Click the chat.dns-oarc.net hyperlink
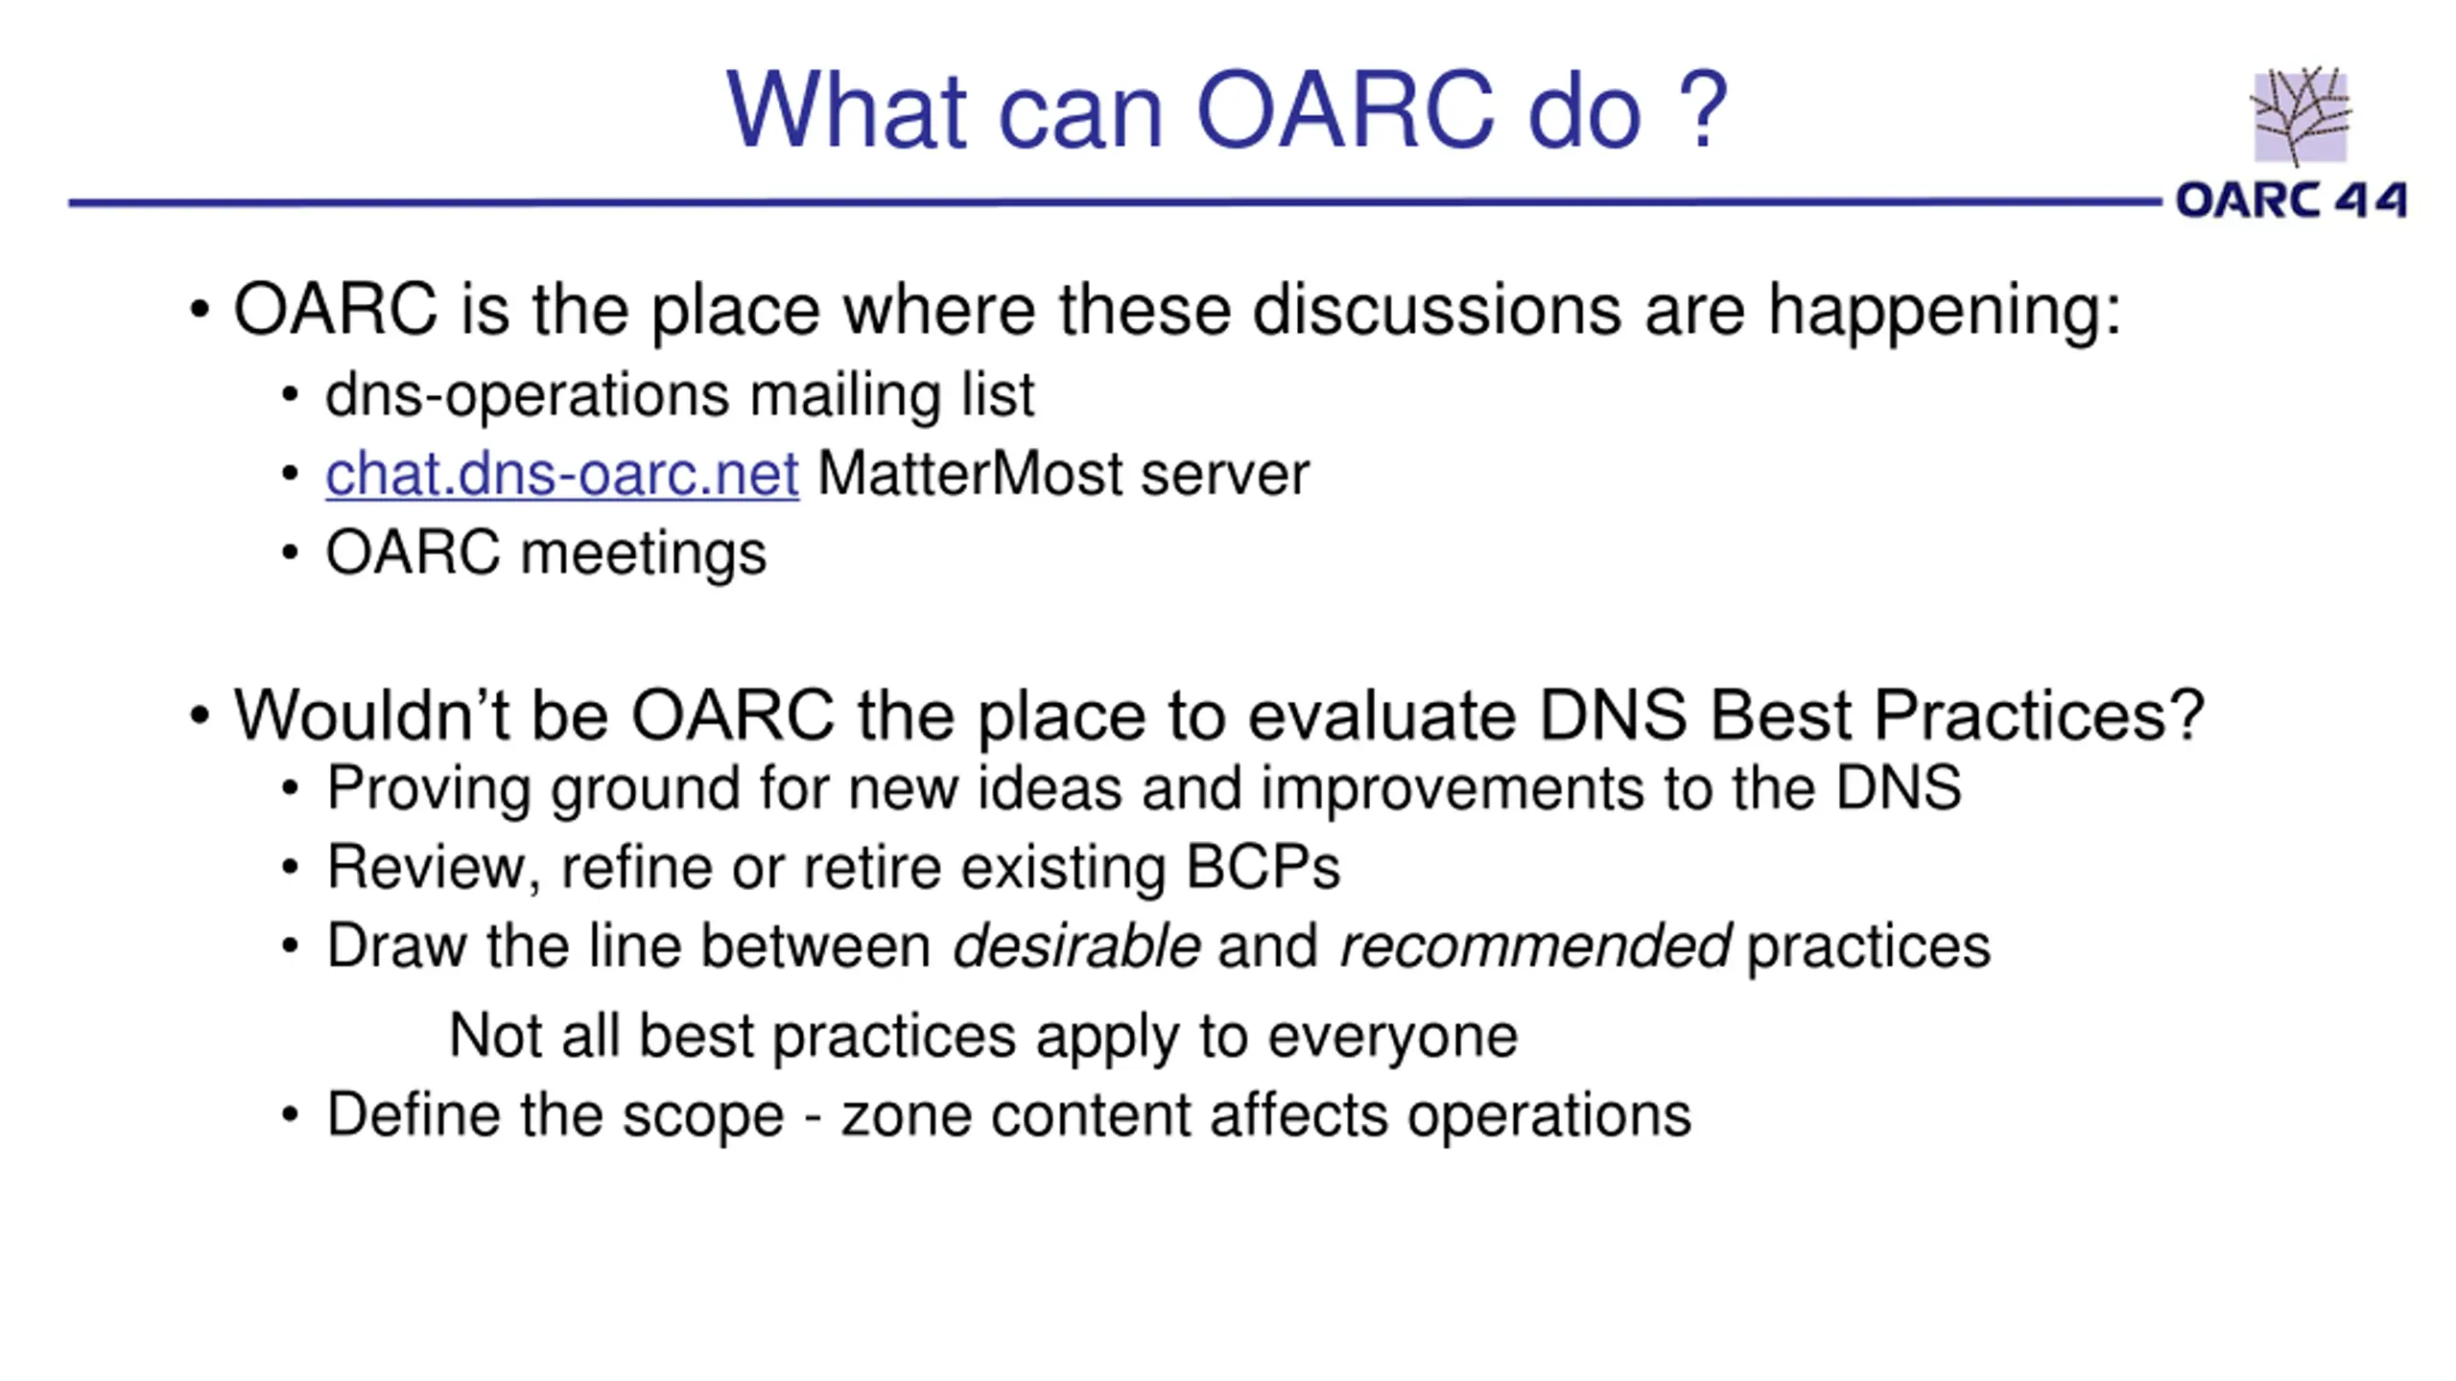pyautogui.click(x=561, y=474)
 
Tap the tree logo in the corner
pyautogui.click(x=2301, y=116)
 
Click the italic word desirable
pyautogui.click(x=1075, y=946)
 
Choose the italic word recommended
pyautogui.click(x=1534, y=946)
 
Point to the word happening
pyautogui.click(x=1944, y=312)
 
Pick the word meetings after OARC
pyautogui.click(x=643, y=554)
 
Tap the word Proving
pyautogui.click(x=428, y=789)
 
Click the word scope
pyautogui.click(x=702, y=1117)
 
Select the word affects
pyautogui.click(x=1299, y=1115)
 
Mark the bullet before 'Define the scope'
pyautogui.click(x=290, y=1115)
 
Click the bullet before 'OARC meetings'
pyautogui.click(x=290, y=553)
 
